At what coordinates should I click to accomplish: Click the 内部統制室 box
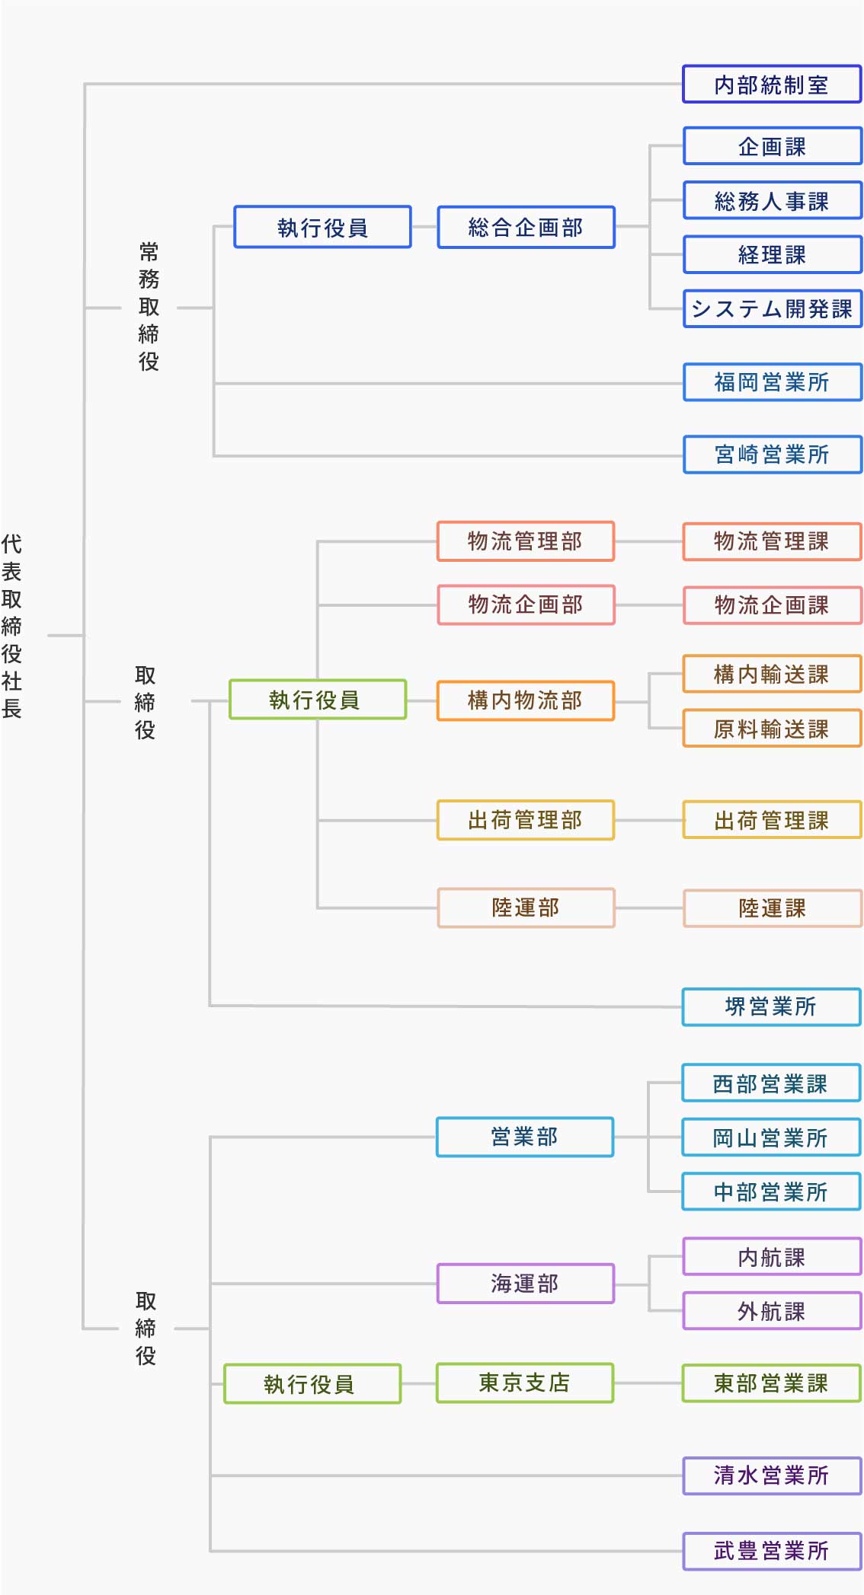click(x=772, y=85)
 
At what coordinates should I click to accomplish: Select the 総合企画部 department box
click(x=526, y=227)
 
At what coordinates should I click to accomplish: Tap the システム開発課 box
click(x=772, y=308)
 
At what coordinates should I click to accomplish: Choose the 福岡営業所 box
click(x=772, y=381)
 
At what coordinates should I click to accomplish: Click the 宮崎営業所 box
click(x=772, y=455)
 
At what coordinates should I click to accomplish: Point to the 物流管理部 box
click(x=526, y=541)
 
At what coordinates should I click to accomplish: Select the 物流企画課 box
click(x=772, y=605)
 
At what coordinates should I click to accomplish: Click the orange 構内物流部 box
click(x=526, y=700)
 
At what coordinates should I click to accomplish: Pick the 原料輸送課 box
click(x=772, y=729)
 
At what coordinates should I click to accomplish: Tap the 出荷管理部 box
click(x=526, y=820)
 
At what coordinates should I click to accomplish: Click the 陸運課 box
click(x=772, y=908)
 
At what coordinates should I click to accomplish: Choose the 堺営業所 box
click(x=771, y=1006)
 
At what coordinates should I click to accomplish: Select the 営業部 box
click(x=525, y=1137)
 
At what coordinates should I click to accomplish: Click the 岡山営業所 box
click(x=771, y=1137)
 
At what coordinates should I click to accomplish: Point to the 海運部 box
click(x=525, y=1284)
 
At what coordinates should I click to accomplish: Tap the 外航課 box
click(x=772, y=1311)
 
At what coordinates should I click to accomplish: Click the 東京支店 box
click(x=525, y=1383)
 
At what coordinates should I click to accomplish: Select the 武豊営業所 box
click(x=772, y=1551)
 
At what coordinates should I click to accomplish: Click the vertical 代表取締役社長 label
click(x=12, y=626)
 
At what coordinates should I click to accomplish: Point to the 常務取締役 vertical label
click(x=149, y=306)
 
